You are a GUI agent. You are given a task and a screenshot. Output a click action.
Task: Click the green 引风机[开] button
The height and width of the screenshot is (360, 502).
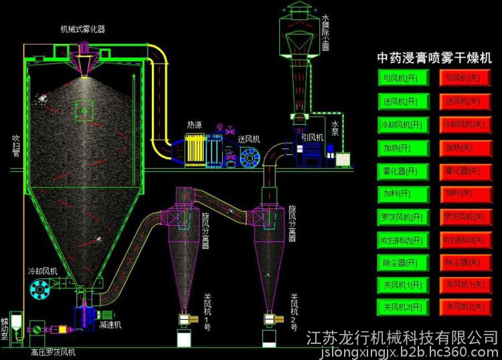[x=400, y=78]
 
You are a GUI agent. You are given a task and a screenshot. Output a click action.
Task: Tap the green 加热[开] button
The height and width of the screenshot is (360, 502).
[x=400, y=147]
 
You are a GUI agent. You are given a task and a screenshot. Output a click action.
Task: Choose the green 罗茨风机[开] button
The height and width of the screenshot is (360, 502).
[x=400, y=217]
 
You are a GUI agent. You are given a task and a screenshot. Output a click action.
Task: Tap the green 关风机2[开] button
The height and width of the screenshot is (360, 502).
[x=400, y=307]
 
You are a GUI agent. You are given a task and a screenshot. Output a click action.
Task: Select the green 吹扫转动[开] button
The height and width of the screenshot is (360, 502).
[x=400, y=240]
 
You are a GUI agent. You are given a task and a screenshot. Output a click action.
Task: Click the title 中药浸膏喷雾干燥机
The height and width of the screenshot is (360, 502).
[x=434, y=58]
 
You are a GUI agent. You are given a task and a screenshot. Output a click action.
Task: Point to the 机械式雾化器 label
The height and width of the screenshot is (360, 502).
[x=82, y=29]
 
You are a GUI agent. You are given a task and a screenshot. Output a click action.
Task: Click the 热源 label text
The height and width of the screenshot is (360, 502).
[x=194, y=124]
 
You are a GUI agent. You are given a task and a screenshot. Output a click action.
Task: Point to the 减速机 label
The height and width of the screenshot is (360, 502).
[x=109, y=325]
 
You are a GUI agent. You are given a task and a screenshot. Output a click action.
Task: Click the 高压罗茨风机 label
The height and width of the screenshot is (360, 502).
[x=54, y=351]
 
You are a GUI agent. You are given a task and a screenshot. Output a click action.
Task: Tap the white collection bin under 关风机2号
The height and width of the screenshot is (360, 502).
[x=270, y=338]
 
